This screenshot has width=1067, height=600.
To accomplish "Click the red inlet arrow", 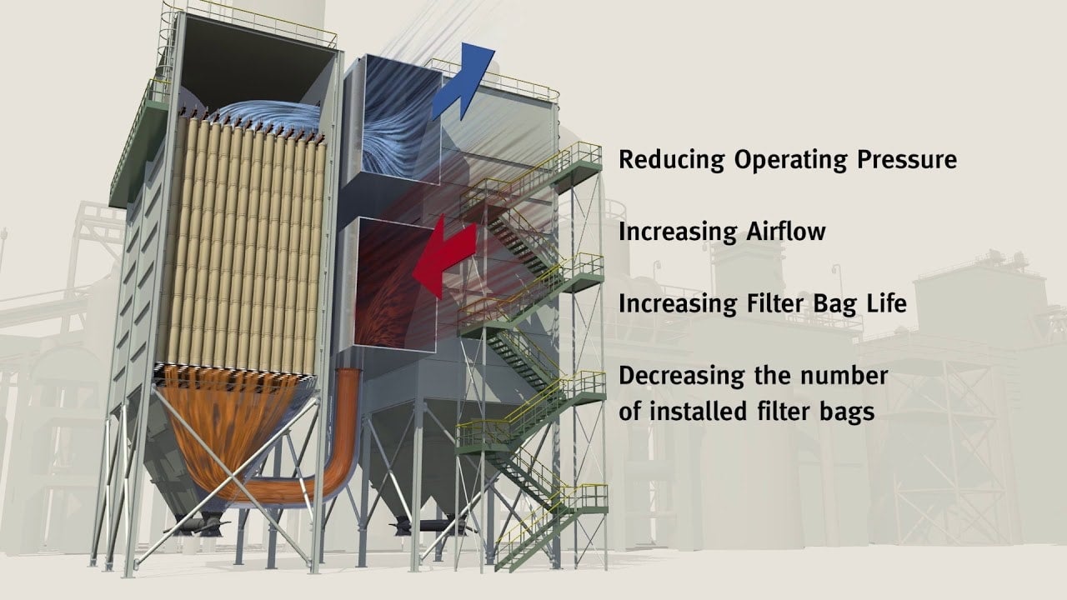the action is click(445, 257).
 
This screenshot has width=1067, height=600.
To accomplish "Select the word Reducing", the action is click(671, 160).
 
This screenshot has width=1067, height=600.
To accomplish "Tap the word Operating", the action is click(791, 160).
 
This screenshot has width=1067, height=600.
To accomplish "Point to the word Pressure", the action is click(907, 159).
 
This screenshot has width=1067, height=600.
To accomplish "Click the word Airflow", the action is click(786, 232).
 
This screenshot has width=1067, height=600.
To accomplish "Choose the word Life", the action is click(886, 303).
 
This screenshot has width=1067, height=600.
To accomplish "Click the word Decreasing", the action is click(681, 377).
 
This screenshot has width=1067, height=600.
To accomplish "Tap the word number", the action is click(844, 376).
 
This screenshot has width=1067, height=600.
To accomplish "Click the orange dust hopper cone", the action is click(228, 428).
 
